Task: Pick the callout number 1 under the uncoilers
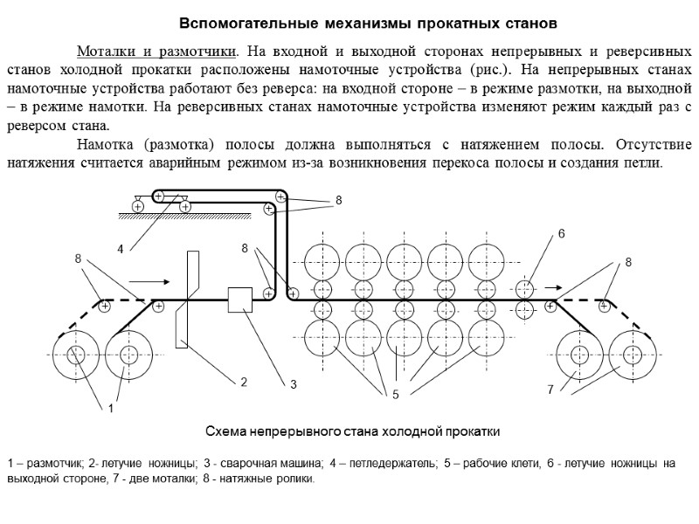coord(111,408)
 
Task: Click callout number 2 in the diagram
coord(244,382)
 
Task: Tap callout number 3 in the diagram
coord(294,384)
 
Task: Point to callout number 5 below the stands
coord(394,396)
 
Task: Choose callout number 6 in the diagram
coord(562,234)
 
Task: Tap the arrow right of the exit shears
coord(552,286)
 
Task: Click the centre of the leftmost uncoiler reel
coord(75,355)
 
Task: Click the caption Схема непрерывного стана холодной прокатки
coord(352,431)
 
